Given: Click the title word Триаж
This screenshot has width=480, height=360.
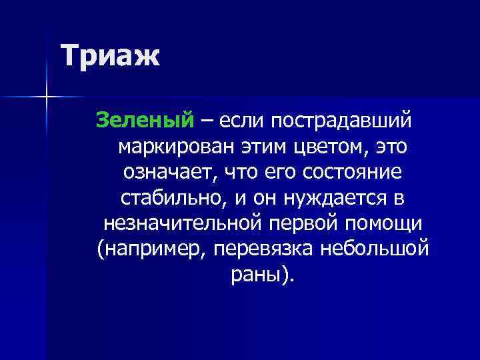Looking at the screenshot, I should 110,56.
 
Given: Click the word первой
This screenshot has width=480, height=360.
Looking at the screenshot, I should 309,223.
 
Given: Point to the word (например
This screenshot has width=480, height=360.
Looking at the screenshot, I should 143,249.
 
